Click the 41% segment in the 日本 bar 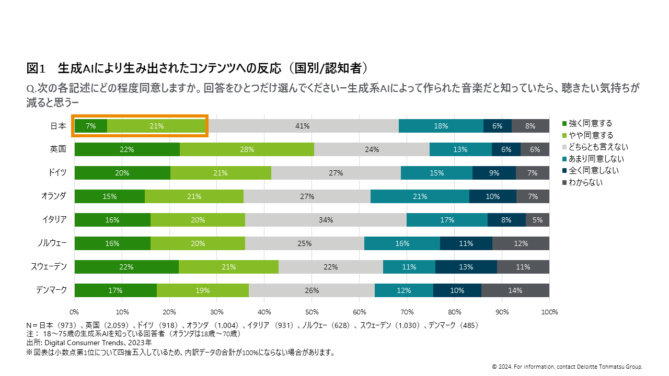[303, 126]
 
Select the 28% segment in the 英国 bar [247, 149]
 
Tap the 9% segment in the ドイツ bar [494, 173]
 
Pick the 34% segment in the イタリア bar [326, 220]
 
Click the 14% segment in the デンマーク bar [515, 290]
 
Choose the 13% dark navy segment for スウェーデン [466, 267]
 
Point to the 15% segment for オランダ [110, 196]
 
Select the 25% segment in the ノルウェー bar [304, 243]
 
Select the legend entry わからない [585, 182]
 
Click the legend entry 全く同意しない [593, 170]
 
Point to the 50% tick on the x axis [312, 312]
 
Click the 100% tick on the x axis [549, 312]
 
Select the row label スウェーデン [49, 267]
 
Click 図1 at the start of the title [37, 68]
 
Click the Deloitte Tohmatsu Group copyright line [567, 367]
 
